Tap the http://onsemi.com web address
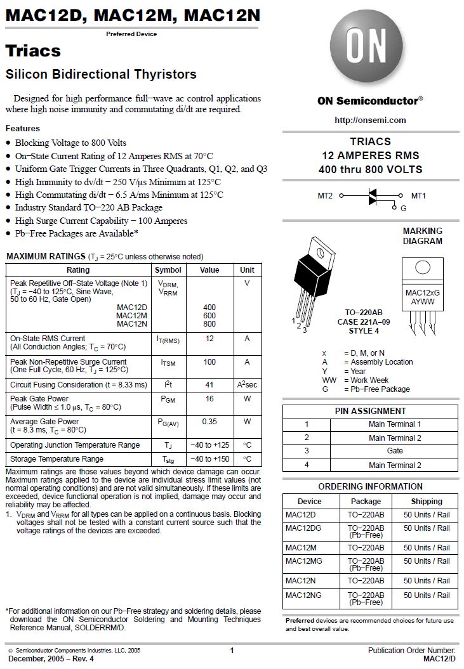(x=370, y=120)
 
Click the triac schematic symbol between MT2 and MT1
(x=373, y=197)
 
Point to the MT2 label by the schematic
(x=325, y=196)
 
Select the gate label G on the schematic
(x=403, y=208)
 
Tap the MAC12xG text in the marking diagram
(x=422, y=292)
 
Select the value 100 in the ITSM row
(x=209, y=362)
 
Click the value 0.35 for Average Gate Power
(x=209, y=422)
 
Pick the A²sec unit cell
(x=247, y=385)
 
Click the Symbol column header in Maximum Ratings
(x=168, y=270)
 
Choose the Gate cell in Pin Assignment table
(x=394, y=451)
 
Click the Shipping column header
(x=426, y=502)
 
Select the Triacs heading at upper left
(x=33, y=51)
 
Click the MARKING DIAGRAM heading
(x=422, y=236)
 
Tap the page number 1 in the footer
(x=232, y=651)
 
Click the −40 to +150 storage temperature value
(x=209, y=459)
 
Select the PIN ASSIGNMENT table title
(x=370, y=411)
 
